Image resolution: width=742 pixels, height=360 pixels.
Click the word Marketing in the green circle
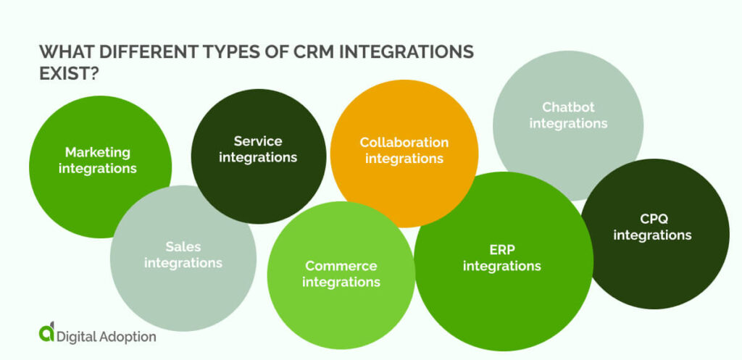point(98,152)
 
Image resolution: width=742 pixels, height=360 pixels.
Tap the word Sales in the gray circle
point(183,246)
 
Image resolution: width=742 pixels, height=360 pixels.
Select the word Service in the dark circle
point(258,141)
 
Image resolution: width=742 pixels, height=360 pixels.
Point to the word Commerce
point(341,265)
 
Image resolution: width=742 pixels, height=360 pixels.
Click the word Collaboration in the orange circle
point(404,142)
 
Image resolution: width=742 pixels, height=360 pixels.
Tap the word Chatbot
point(568,107)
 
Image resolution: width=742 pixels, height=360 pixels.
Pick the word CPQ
point(652,218)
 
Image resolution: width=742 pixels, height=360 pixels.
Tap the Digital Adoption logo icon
point(46,333)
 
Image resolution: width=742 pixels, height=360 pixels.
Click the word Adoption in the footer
point(124,336)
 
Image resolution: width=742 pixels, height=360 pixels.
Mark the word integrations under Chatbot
point(568,124)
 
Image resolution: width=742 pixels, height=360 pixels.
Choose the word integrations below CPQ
point(652,235)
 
